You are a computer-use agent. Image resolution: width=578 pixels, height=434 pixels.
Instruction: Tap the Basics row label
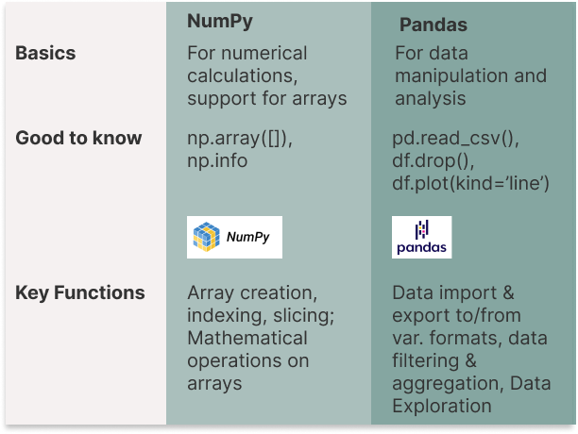(x=46, y=53)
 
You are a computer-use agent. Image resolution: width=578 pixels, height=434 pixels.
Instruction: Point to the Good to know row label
(x=78, y=138)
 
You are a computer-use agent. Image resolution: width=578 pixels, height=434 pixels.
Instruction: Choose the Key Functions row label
(x=80, y=292)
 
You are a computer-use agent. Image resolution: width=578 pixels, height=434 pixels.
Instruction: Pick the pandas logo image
(x=421, y=238)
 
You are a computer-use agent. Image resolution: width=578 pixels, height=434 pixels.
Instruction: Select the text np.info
(x=217, y=161)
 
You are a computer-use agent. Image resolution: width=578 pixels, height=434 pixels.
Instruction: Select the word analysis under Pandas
(x=425, y=99)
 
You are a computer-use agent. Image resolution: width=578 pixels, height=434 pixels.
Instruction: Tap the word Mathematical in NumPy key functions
(x=247, y=338)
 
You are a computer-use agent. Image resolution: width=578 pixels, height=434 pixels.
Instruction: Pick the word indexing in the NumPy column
(x=223, y=315)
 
